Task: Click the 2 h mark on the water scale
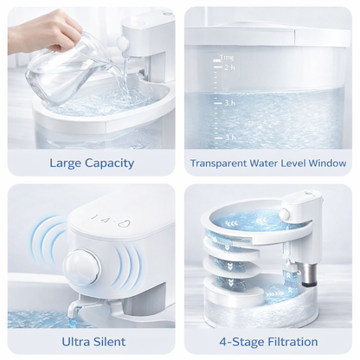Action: coord(228,67)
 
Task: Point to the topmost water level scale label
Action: coord(228,54)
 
